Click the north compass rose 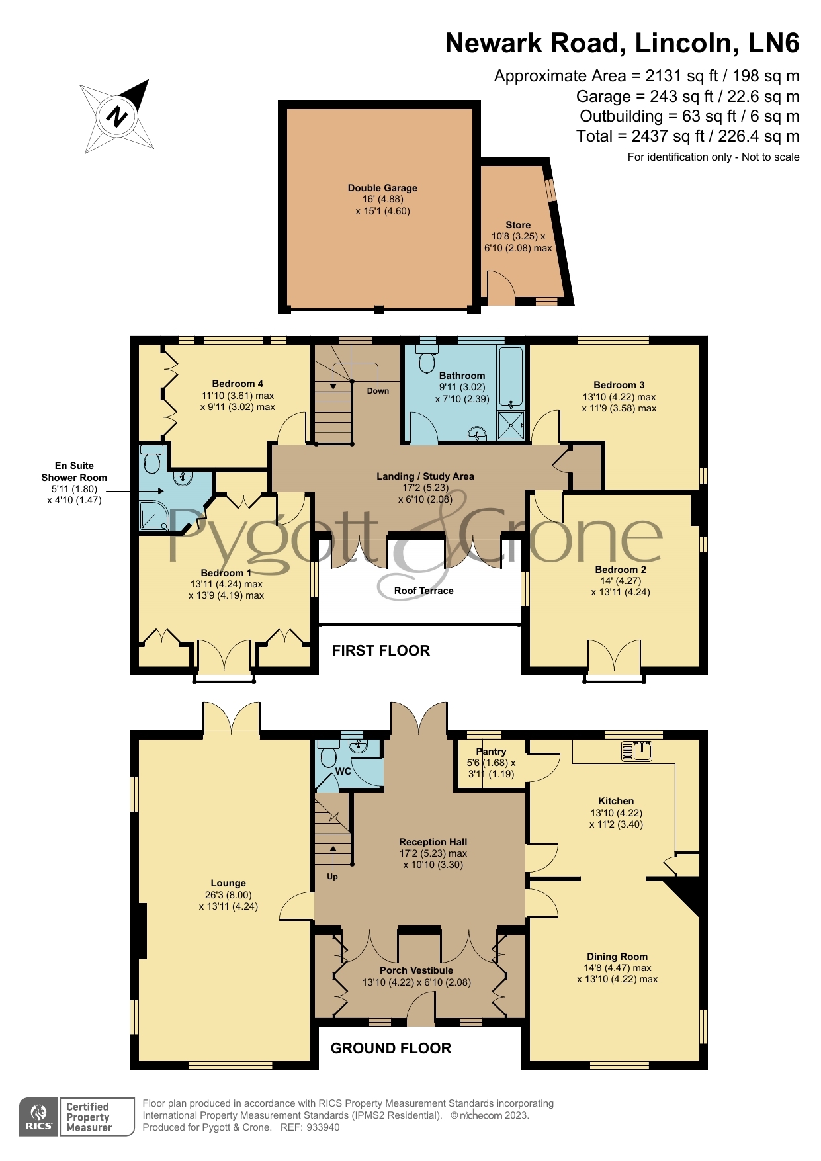tap(117, 117)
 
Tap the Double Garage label tap(382, 188)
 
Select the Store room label tap(518, 225)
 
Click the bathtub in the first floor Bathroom tap(510, 376)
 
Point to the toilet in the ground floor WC tap(328, 753)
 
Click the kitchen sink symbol tap(637, 751)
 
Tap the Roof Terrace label tap(423, 591)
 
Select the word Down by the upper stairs tap(378, 391)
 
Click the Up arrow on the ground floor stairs tap(333, 856)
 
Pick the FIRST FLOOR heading tap(381, 651)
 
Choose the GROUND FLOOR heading tap(391, 1049)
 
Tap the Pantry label tap(491, 752)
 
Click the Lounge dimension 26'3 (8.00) tap(228, 895)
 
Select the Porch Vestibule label tap(417, 970)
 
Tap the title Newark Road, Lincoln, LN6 tap(622, 43)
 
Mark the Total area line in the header tap(687, 136)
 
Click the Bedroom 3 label tap(619, 385)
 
